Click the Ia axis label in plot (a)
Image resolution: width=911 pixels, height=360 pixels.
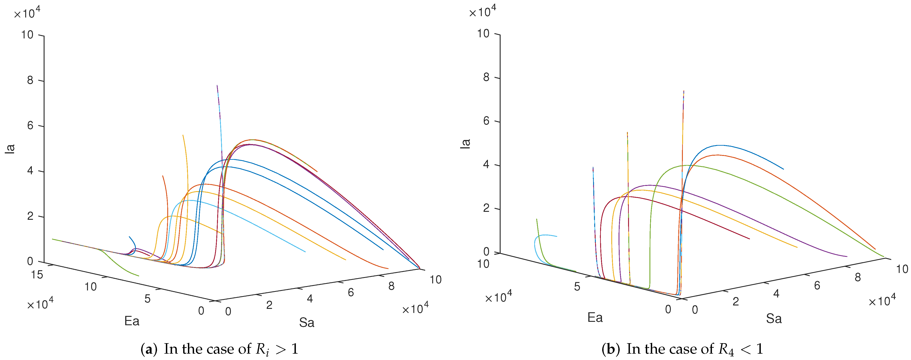click(x=10, y=149)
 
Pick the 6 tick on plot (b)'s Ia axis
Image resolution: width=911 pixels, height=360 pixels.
click(x=486, y=121)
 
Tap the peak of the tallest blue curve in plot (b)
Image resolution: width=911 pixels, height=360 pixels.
click(x=720, y=145)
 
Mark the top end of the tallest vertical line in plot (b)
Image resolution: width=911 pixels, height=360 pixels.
click(x=684, y=91)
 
